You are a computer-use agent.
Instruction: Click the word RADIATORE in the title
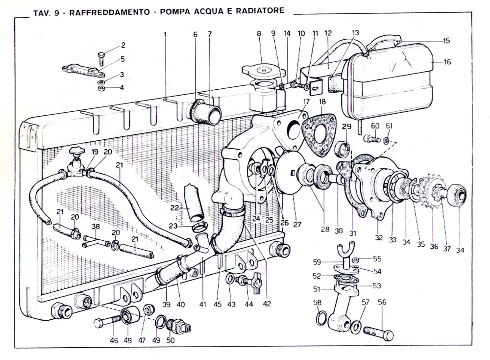[260, 11]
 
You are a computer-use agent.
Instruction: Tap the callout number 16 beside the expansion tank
[447, 62]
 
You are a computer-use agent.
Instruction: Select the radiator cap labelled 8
[264, 72]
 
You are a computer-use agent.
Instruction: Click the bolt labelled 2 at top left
[102, 58]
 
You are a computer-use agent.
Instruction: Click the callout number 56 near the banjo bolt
[382, 302]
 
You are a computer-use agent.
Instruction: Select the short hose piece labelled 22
[194, 204]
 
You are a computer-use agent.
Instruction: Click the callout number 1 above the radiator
[165, 34]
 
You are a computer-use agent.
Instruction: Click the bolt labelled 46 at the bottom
[107, 322]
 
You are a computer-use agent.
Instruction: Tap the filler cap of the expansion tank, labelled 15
[384, 43]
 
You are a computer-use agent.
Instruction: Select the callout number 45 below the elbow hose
[218, 304]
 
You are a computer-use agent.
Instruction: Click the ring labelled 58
[322, 318]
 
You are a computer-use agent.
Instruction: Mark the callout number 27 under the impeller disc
[297, 224]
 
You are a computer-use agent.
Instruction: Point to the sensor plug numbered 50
[179, 326]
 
